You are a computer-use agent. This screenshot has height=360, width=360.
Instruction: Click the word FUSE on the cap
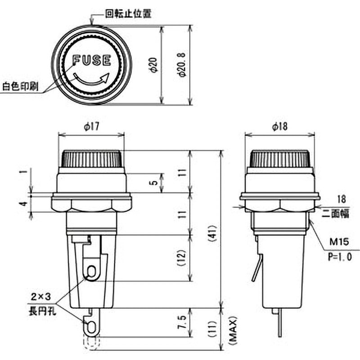coord(92,60)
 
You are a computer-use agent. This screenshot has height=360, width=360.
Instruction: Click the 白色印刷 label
coord(20,86)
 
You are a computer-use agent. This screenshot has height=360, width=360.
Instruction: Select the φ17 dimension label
coord(91,127)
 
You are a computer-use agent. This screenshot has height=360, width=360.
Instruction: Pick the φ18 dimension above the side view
coord(279,127)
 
